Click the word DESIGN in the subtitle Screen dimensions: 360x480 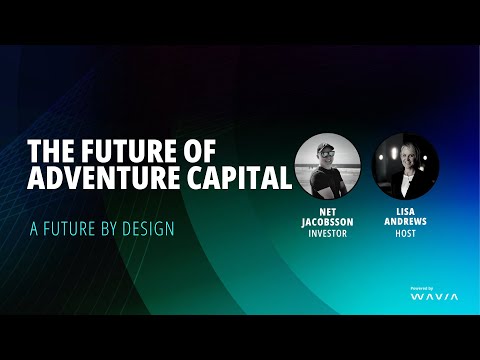(148, 228)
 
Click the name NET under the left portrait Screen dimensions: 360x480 (327, 211)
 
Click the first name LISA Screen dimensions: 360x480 (405, 211)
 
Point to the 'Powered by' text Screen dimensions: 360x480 (422, 288)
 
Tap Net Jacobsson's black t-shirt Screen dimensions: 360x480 (322, 183)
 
